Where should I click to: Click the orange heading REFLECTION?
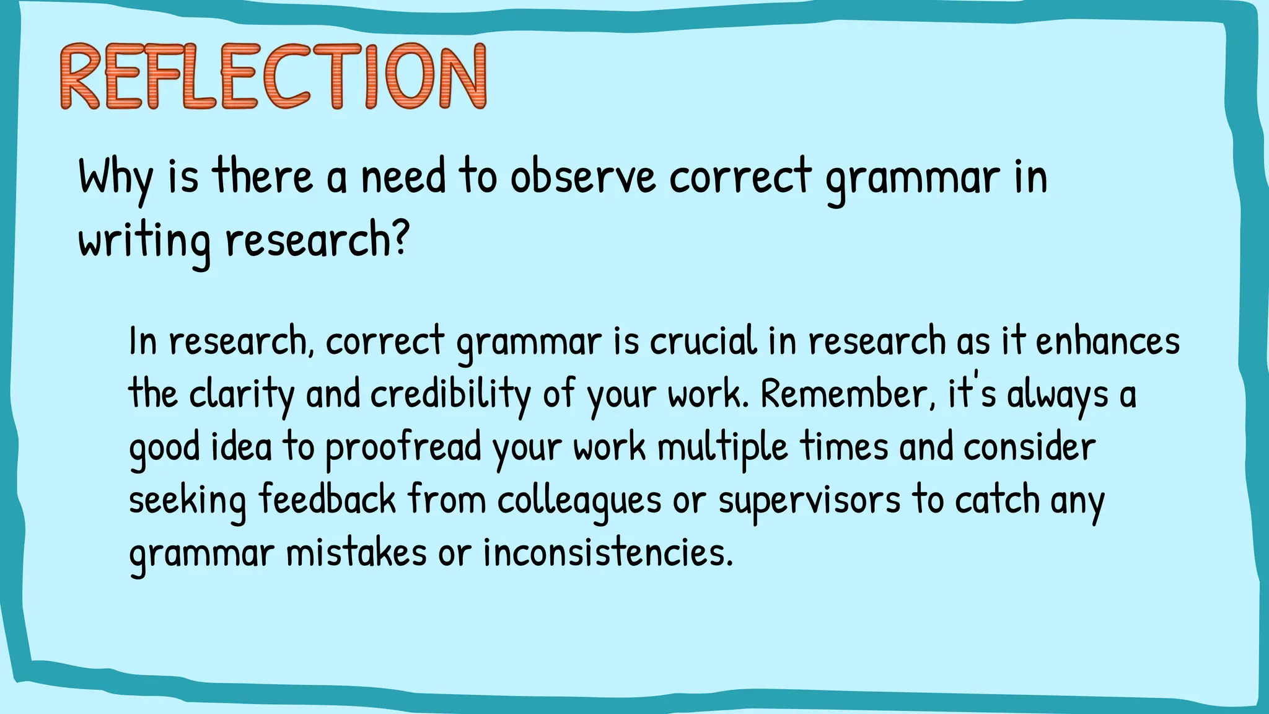click(273, 77)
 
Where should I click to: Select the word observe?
click(582, 177)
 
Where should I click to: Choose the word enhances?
click(1107, 342)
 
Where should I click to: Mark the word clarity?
click(241, 395)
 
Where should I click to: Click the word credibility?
click(450, 395)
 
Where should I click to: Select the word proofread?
click(403, 447)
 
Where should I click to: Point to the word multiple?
click(722, 447)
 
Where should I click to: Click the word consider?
click(1029, 447)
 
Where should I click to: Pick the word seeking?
click(187, 501)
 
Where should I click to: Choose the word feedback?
click(327, 500)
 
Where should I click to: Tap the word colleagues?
click(579, 501)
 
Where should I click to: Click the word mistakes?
click(356, 553)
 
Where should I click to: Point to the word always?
click(1057, 395)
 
